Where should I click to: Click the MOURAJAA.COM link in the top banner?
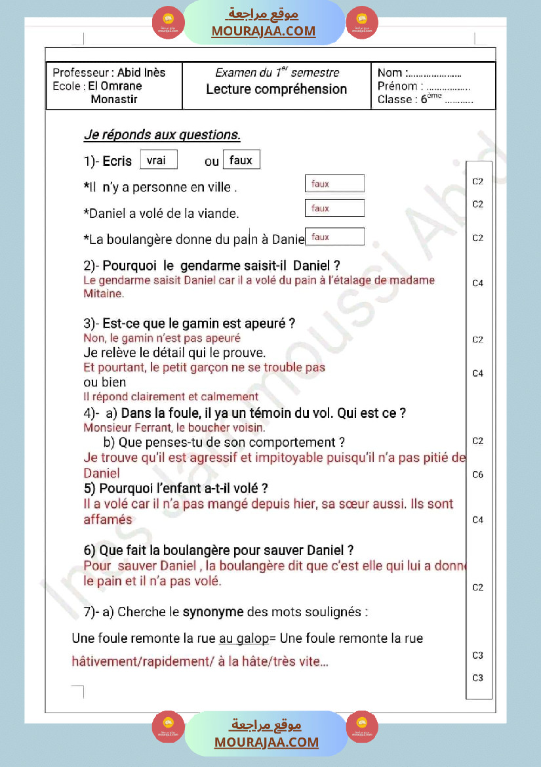tap(263, 31)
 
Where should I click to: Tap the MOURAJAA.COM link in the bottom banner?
tap(266, 742)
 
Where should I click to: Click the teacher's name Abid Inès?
tap(141, 72)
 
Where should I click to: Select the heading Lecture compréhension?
tap(276, 89)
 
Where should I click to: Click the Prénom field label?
tap(397, 86)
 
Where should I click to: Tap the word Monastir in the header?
tap(114, 100)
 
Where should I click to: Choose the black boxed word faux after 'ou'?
tap(241, 160)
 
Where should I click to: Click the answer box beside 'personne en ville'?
tap(334, 184)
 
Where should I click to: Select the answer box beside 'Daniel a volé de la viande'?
tap(334, 209)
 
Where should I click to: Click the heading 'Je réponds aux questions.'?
tap(162, 135)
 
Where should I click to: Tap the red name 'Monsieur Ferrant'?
tap(125, 427)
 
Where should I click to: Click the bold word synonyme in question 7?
tap(212, 612)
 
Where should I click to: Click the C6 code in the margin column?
tap(478, 474)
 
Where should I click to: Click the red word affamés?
tap(108, 520)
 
